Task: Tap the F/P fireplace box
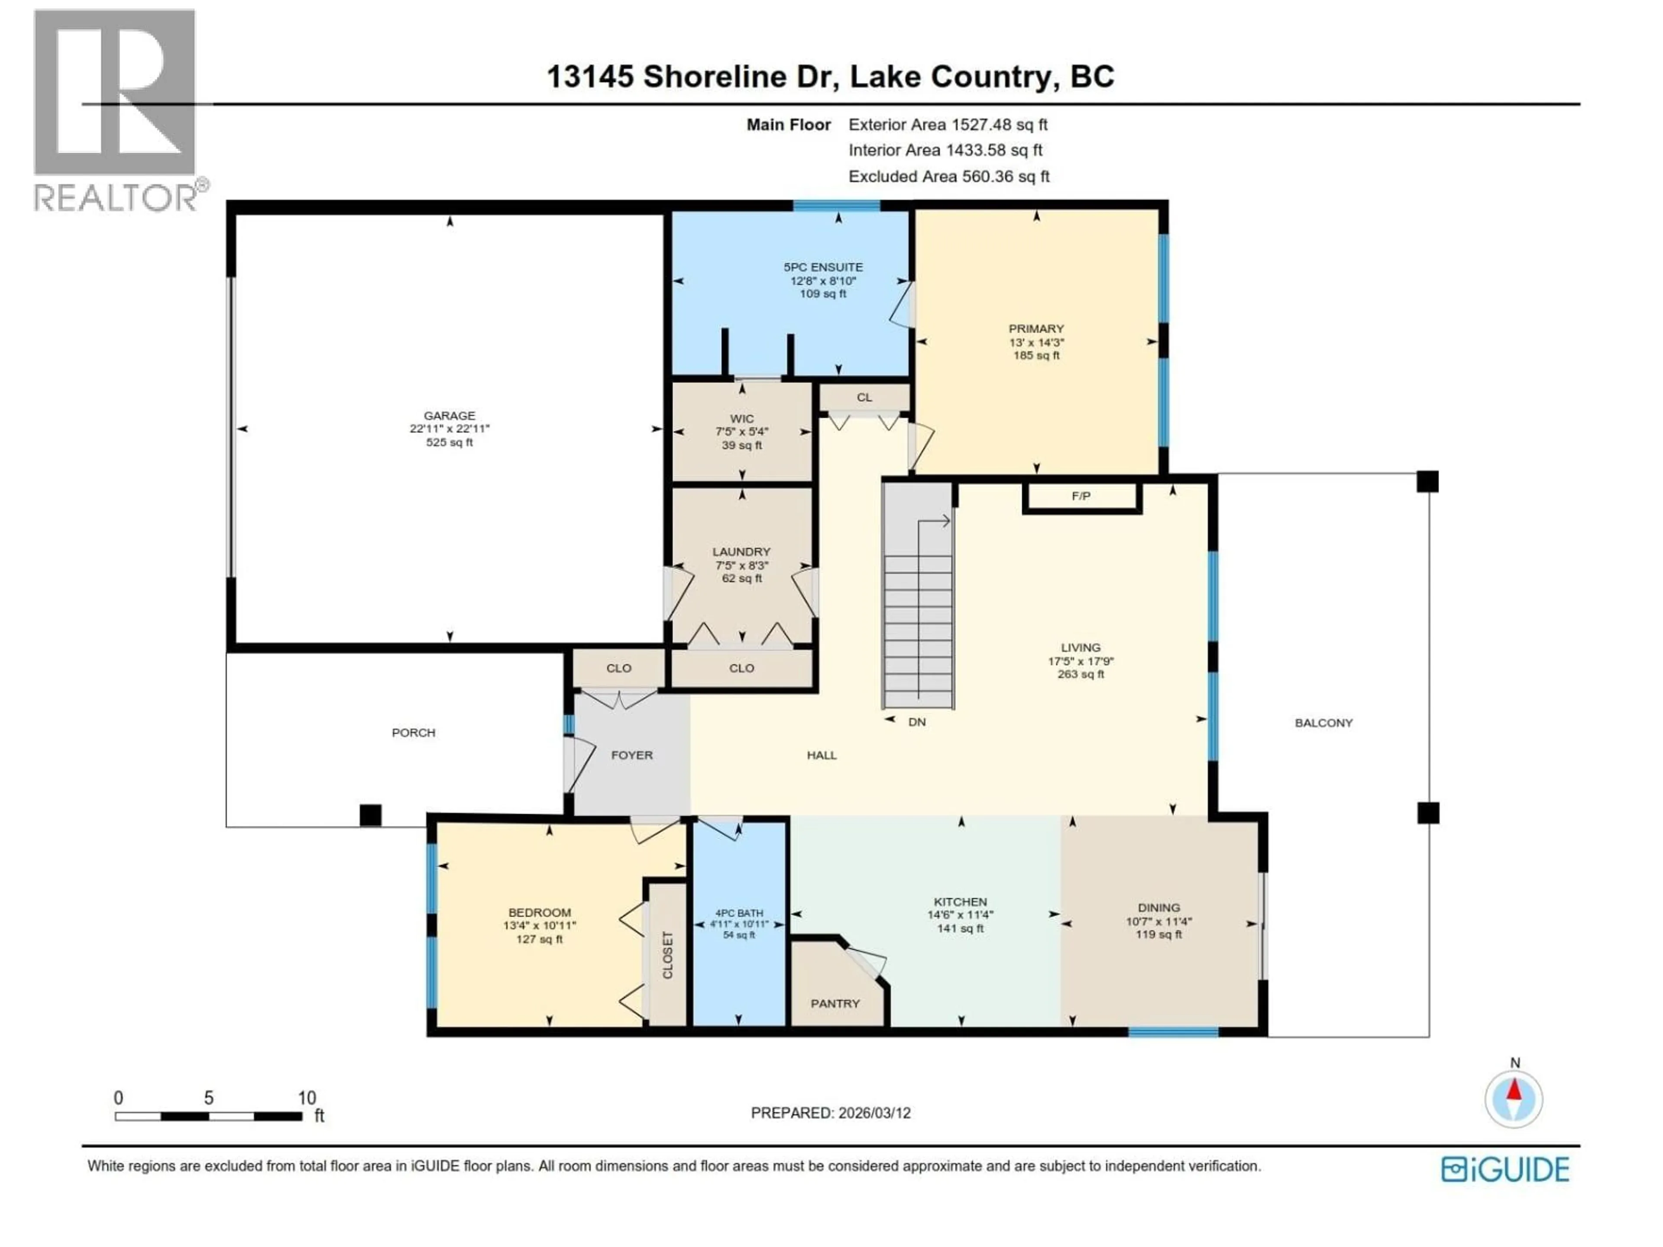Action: click(1081, 496)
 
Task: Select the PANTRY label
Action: click(835, 1004)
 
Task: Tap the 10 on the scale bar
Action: click(306, 1098)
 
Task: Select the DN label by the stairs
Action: click(916, 722)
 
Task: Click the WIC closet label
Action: click(741, 419)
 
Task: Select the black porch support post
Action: click(370, 815)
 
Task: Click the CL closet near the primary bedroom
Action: click(864, 397)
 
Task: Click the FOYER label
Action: click(631, 755)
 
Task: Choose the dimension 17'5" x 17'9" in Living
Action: click(1081, 662)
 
